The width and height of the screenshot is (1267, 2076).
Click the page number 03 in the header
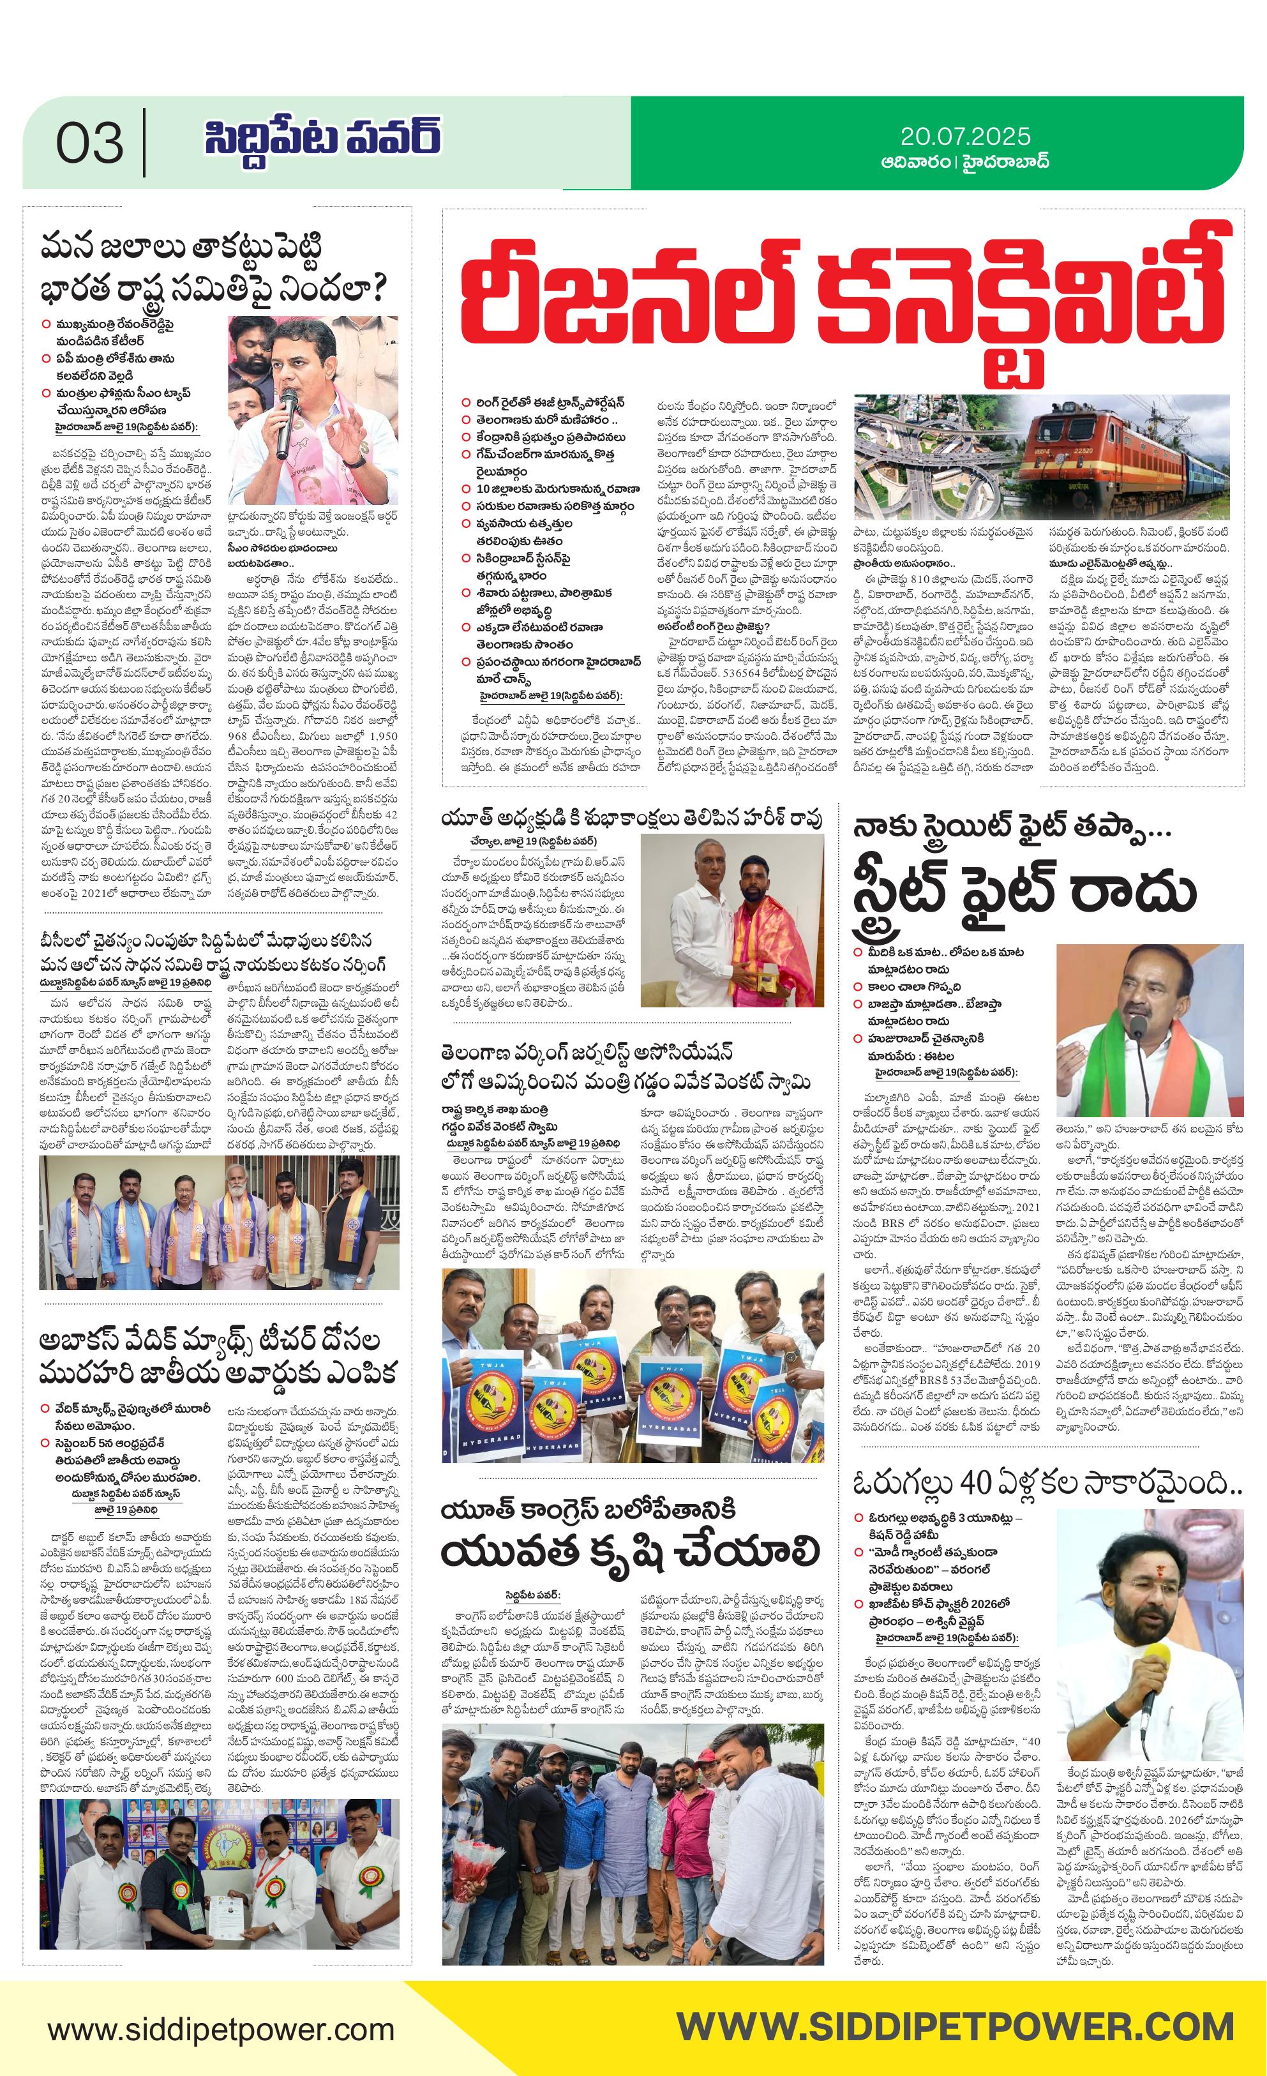click(89, 142)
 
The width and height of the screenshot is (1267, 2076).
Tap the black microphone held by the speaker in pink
click(287, 421)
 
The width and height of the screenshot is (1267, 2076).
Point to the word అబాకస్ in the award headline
click(93, 1341)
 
